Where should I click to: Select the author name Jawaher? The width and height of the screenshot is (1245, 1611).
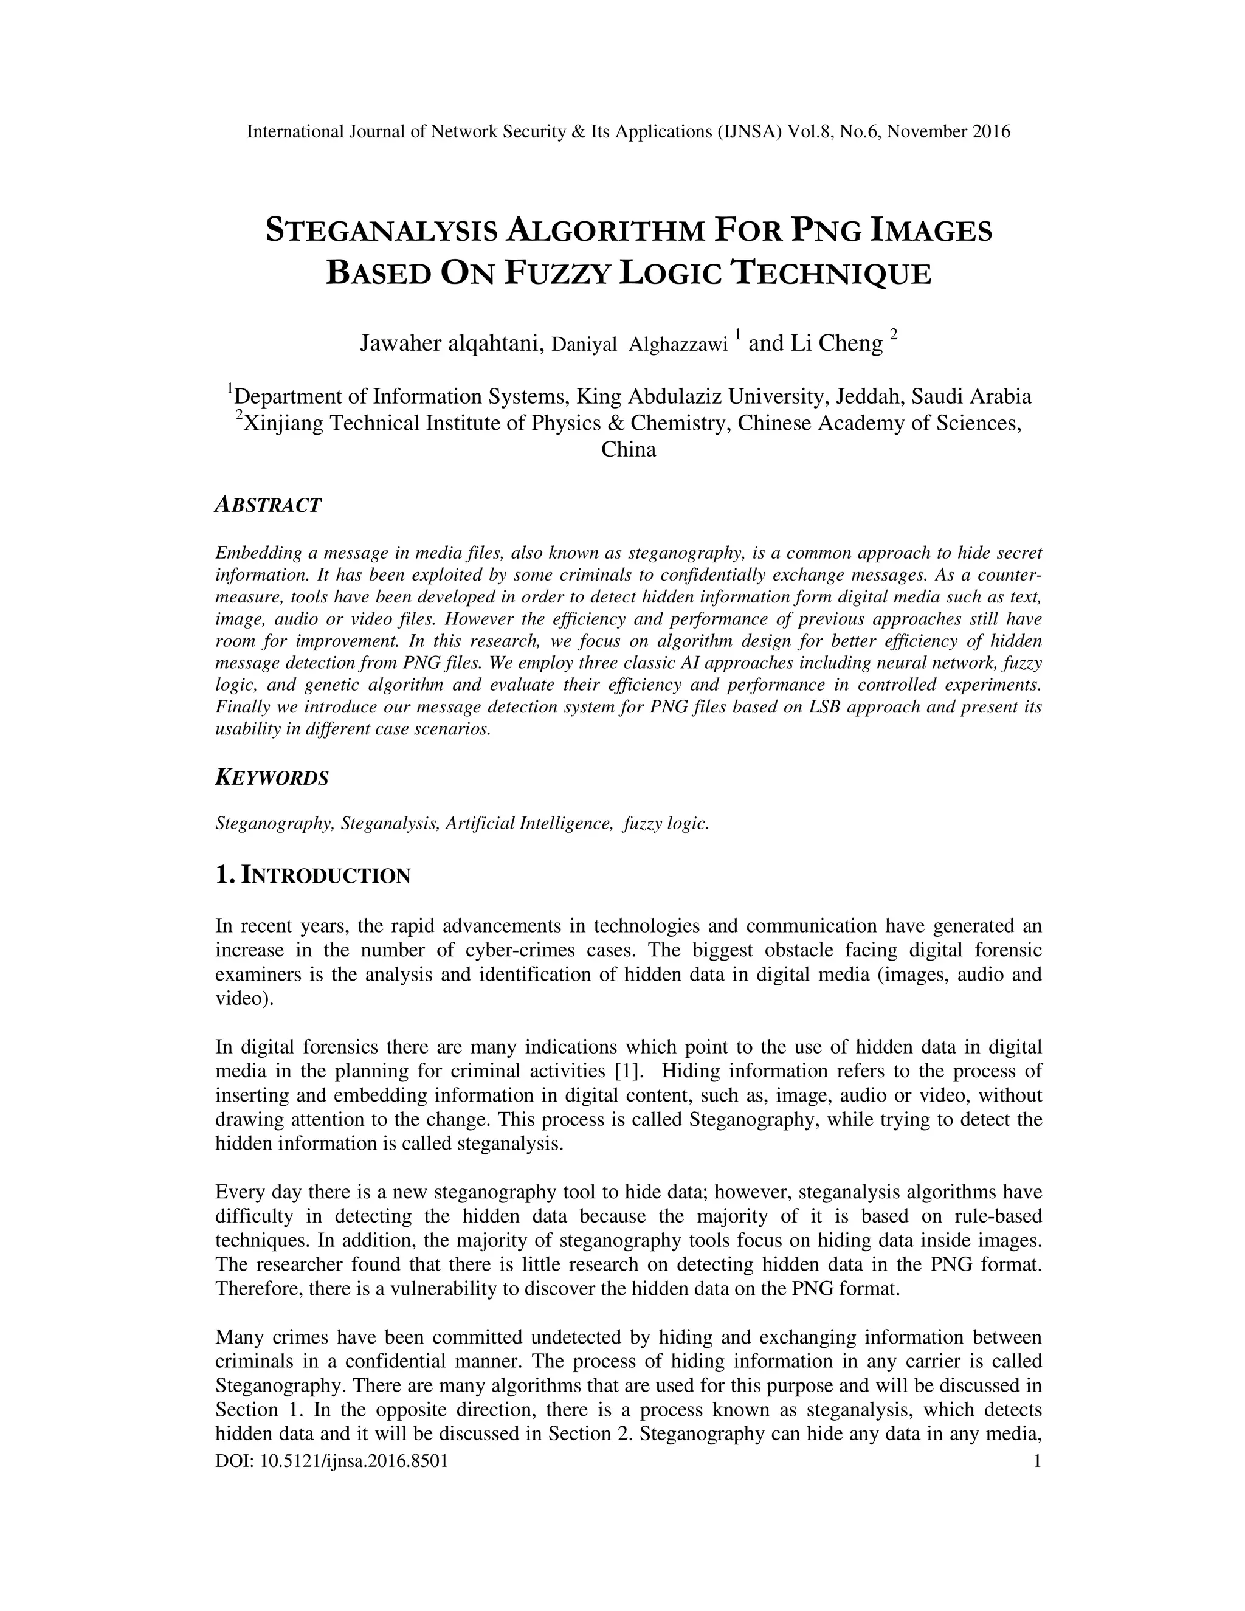pyautogui.click(x=400, y=343)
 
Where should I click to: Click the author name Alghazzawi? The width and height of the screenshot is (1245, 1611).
pyautogui.click(x=678, y=345)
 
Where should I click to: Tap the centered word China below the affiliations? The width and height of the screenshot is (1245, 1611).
pyautogui.click(x=629, y=449)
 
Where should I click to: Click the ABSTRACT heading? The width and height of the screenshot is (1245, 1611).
pyautogui.click(x=269, y=505)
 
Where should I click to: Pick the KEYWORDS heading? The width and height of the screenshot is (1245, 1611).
pyautogui.click(x=272, y=778)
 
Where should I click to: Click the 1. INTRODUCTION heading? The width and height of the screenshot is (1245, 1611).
pyautogui.click(x=312, y=875)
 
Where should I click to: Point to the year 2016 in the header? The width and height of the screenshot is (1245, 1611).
pyautogui.click(x=990, y=132)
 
